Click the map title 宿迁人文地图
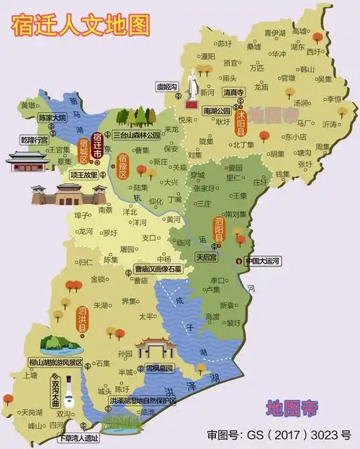tap(81, 25)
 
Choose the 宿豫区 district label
tap(122, 166)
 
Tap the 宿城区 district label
tap(83, 151)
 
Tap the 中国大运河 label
tap(263, 261)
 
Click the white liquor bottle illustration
tap(70, 394)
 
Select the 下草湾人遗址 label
tap(78, 437)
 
